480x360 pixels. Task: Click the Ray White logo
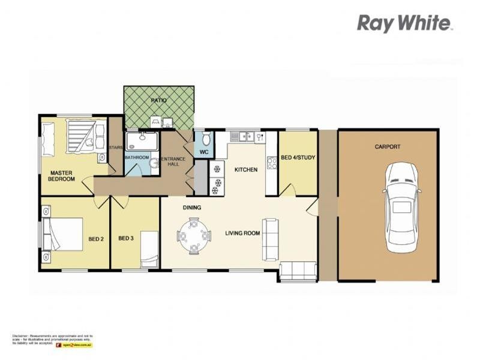point(404,23)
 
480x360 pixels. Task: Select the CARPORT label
point(387,146)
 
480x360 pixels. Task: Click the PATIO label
point(158,101)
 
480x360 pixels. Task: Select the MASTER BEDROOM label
point(62,176)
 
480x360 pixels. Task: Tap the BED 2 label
point(96,238)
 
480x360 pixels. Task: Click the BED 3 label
point(125,238)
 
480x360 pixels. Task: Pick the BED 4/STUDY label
point(298,158)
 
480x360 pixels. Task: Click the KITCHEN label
point(245,170)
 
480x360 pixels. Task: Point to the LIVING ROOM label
point(242,233)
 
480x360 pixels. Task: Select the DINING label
point(192,208)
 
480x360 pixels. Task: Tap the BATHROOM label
point(137,158)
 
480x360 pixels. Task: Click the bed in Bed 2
point(64,234)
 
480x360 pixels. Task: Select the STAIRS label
point(115,147)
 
